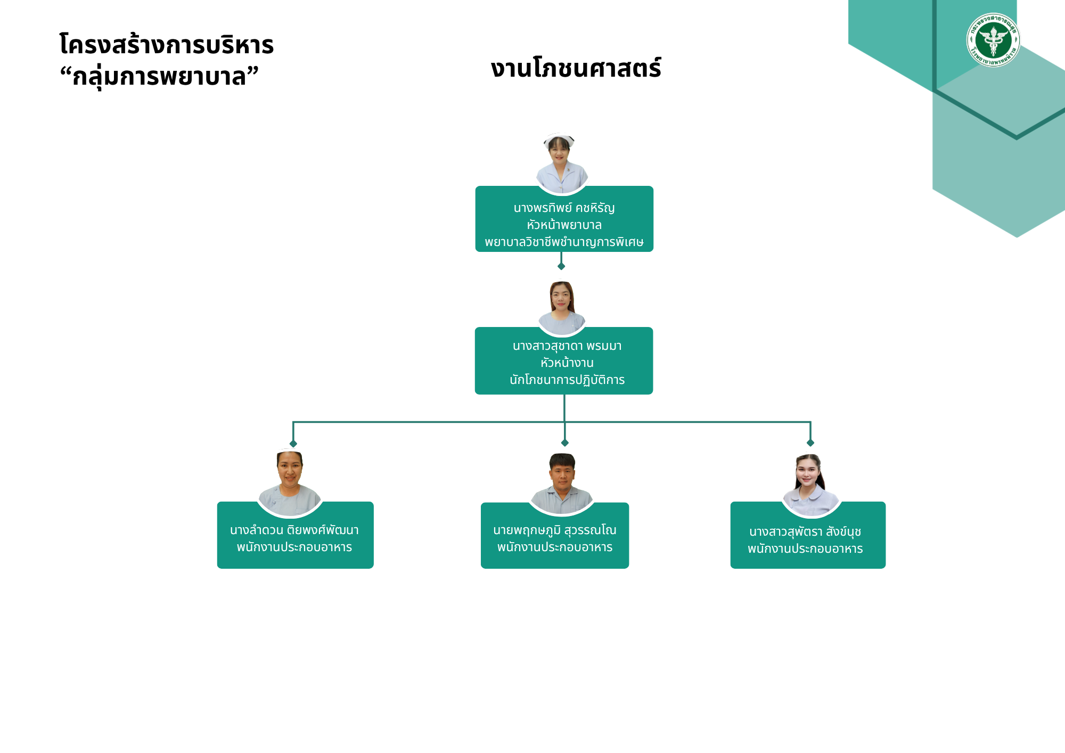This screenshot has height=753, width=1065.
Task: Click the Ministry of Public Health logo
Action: pos(993,40)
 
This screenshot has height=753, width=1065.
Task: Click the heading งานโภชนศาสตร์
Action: pos(576,68)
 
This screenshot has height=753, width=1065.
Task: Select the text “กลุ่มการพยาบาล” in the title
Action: pos(159,76)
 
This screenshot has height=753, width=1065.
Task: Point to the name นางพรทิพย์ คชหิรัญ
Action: pos(564,208)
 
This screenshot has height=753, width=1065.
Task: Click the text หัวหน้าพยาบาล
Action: pos(564,225)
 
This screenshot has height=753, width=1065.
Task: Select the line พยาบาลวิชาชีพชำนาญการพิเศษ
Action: pos(564,242)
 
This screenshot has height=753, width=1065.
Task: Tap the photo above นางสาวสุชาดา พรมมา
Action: pos(562,308)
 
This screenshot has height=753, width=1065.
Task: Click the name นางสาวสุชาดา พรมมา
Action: pos(567,346)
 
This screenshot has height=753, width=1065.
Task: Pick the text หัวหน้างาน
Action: pos(567,363)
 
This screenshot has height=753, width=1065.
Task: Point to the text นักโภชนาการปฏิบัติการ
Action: pos(567,380)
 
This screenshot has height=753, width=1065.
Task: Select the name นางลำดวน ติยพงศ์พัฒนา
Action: pos(294,530)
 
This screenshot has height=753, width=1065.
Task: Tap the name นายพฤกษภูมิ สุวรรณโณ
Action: pos(554,530)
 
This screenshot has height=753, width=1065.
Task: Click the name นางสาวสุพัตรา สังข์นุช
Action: pos(805,532)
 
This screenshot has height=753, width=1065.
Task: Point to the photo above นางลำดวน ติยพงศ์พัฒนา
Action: pos(290,483)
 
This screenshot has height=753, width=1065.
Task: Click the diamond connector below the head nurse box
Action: pos(561,266)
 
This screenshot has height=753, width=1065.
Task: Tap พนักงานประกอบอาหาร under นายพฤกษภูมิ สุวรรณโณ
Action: pos(554,547)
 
